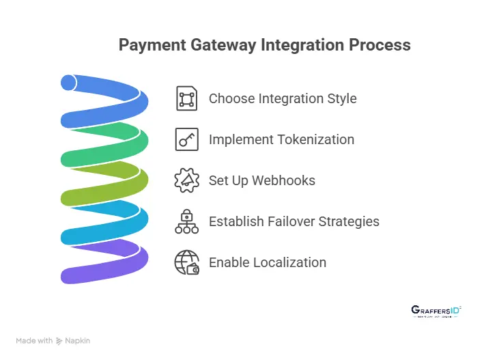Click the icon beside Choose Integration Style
[x=186, y=98]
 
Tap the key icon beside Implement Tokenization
[x=186, y=139]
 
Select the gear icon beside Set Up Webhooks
[x=186, y=180]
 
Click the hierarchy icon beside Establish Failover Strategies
[x=186, y=221]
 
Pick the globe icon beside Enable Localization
[x=186, y=262]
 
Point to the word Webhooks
[x=284, y=180]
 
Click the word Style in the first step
[x=341, y=98]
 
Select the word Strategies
[x=350, y=221]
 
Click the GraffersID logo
[x=436, y=311]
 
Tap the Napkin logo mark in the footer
[x=60, y=340]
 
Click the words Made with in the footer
[x=34, y=340]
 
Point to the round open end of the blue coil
[x=68, y=83]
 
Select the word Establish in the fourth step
[x=235, y=221]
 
